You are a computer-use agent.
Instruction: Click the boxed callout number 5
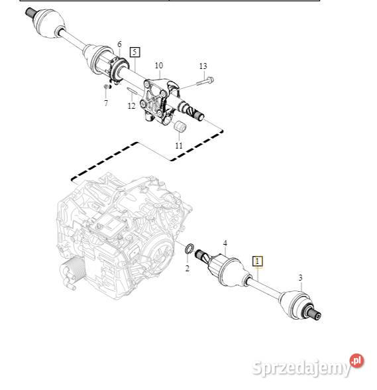coord(135,51)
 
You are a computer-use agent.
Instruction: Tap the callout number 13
coord(203,66)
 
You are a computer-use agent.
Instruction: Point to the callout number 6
coord(119,44)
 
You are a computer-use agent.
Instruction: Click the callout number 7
coord(105,103)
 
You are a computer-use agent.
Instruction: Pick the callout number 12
coord(132,105)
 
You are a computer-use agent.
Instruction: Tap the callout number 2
coord(187,268)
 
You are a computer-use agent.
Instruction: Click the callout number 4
coord(225,243)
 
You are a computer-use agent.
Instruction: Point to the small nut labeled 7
coord(106,88)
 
